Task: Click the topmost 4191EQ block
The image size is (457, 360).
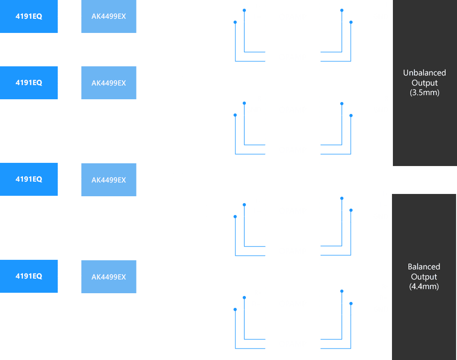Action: [x=29, y=16]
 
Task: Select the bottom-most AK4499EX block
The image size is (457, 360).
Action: [x=109, y=277]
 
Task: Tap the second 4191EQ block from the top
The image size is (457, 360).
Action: [x=29, y=83]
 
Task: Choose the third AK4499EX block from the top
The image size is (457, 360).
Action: [x=109, y=180]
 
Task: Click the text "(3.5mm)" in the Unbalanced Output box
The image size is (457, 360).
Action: [x=424, y=93]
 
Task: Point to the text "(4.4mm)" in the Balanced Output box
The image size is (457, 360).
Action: [x=424, y=287]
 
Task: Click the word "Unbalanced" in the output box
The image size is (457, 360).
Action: [x=424, y=73]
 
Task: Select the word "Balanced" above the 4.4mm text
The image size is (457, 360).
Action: [x=424, y=267]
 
